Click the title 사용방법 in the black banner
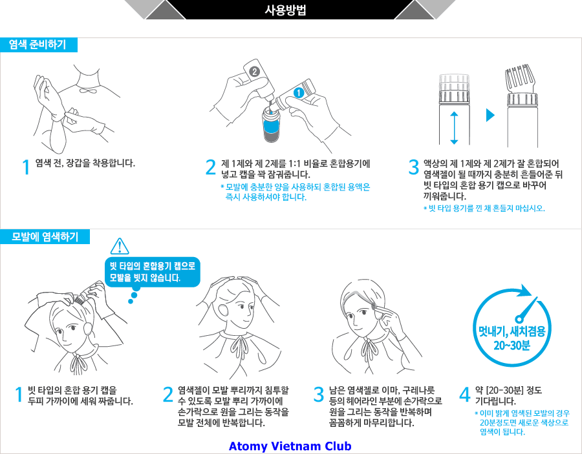click(x=285, y=10)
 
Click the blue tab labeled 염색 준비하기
click(x=39, y=45)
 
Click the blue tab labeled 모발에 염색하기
click(x=45, y=237)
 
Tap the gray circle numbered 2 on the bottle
click(x=254, y=72)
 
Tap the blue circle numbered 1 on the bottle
click(x=299, y=92)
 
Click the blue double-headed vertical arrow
click(x=454, y=128)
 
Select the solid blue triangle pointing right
click(x=490, y=115)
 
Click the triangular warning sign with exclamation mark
click(x=120, y=246)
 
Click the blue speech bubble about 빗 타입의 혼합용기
click(x=152, y=272)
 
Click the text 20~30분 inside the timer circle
click(x=512, y=346)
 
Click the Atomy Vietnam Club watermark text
click(x=290, y=446)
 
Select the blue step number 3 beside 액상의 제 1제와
click(x=413, y=167)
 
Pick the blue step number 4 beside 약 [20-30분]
click(x=465, y=395)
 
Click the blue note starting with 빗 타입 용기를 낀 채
click(x=484, y=209)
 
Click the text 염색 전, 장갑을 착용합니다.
click(x=85, y=163)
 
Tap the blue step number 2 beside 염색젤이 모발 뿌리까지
click(x=168, y=395)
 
